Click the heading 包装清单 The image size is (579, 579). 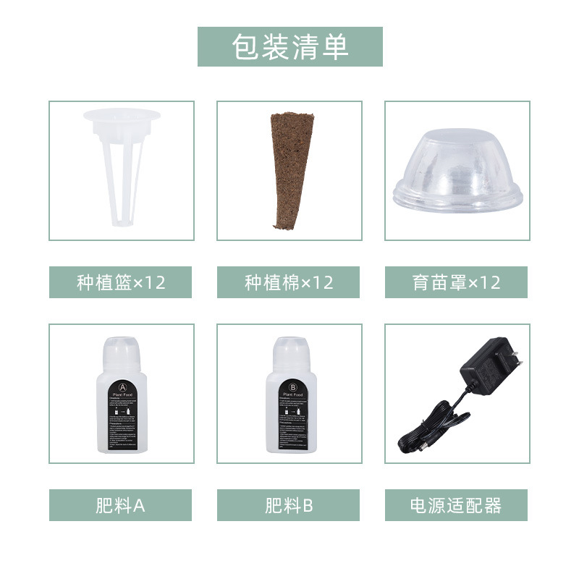coord(289,47)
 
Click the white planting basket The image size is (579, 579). coord(121,166)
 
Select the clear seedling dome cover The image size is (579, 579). coord(457,163)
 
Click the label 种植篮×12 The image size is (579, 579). coord(121,282)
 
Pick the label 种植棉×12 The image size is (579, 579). coord(289,282)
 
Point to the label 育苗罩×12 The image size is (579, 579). coord(456,282)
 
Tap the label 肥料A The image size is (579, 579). coord(121,505)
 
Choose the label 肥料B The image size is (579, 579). coord(289,505)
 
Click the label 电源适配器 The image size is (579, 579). coord(456,505)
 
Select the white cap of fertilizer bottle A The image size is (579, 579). coord(121,350)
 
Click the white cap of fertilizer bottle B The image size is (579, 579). coord(289,350)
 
